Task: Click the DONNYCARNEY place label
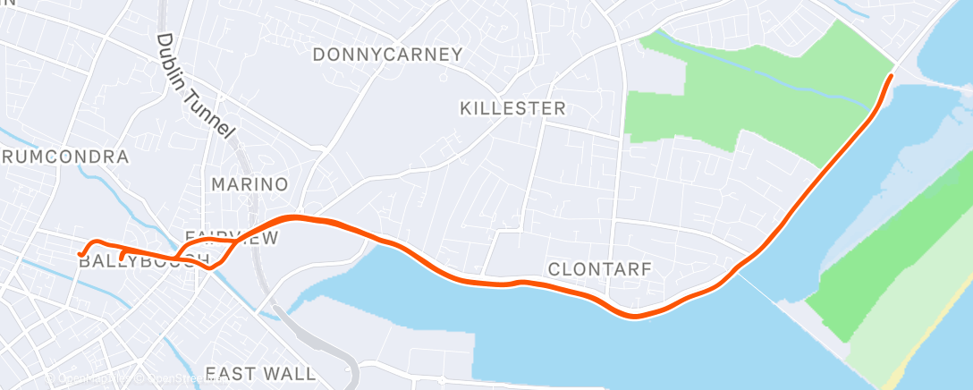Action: click(x=387, y=55)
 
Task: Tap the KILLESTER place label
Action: click(x=512, y=109)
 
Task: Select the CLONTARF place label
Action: click(x=599, y=268)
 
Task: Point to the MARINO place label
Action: click(x=250, y=185)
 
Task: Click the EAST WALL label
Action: click(x=260, y=374)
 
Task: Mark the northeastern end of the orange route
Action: click(x=891, y=77)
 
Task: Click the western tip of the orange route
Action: click(x=81, y=254)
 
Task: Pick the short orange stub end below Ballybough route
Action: click(x=121, y=259)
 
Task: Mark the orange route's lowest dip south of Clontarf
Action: click(x=634, y=316)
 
